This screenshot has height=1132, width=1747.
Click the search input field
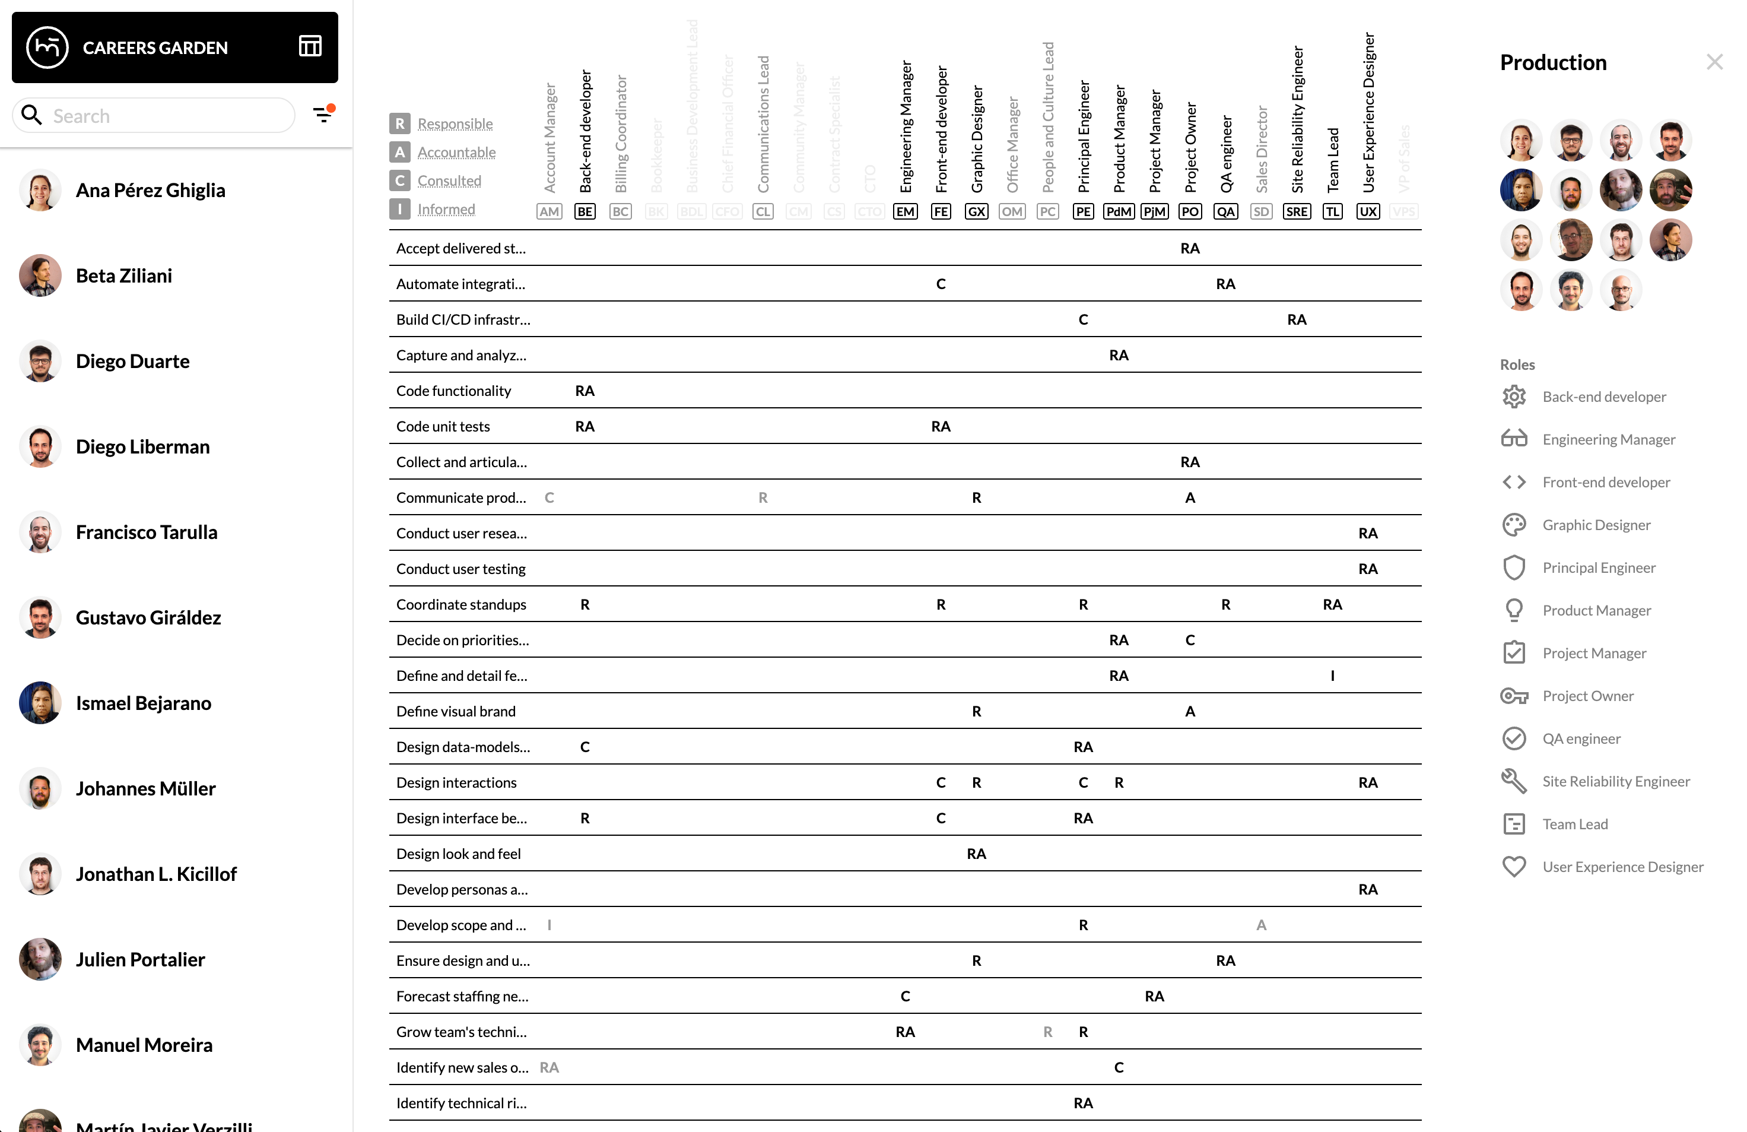pyautogui.click(x=169, y=116)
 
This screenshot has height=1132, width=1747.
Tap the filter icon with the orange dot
pyautogui.click(x=323, y=114)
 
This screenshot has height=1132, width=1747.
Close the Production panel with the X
pyautogui.click(x=1714, y=62)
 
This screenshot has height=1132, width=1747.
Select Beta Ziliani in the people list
pyautogui.click(x=124, y=276)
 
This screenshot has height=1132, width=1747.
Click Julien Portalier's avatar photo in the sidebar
pyautogui.click(x=40, y=959)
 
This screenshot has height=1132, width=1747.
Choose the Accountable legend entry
pyautogui.click(x=456, y=153)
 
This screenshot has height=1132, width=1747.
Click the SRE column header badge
pyautogui.click(x=1296, y=212)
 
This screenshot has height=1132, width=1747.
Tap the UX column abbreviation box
pyautogui.click(x=1367, y=212)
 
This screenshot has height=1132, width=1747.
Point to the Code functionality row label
pyautogui.click(x=453, y=391)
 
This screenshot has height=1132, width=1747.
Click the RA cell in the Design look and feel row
pyautogui.click(x=976, y=854)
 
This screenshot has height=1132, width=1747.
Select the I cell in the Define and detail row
pyautogui.click(x=1332, y=676)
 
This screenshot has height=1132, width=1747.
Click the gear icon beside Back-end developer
pyautogui.click(x=1514, y=397)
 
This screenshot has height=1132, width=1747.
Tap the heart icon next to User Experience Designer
pyautogui.click(x=1514, y=867)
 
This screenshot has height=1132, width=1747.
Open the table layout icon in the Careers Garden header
pyautogui.click(x=310, y=47)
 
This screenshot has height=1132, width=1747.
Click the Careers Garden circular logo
pyautogui.click(x=47, y=47)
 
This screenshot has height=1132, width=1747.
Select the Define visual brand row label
pyautogui.click(x=456, y=711)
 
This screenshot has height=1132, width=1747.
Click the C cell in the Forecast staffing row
pyautogui.click(x=905, y=996)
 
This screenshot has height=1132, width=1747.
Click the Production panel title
pyautogui.click(x=1553, y=63)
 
